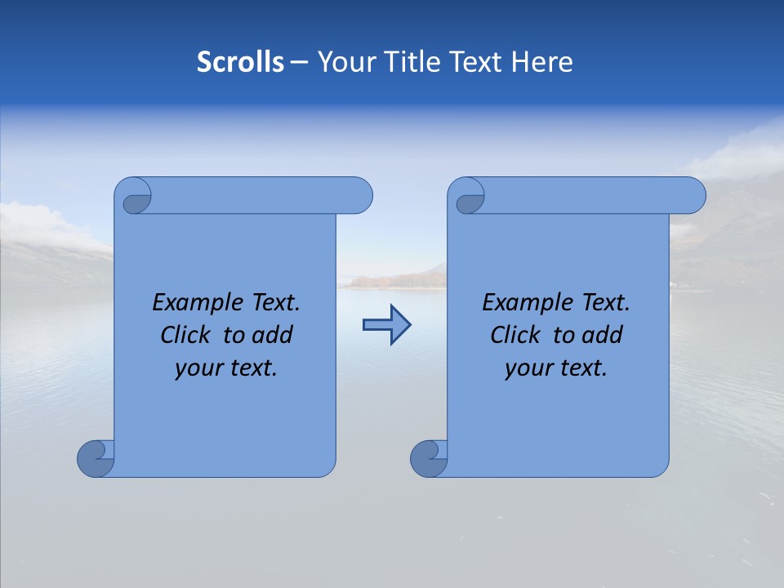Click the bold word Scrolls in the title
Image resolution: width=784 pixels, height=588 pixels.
click(241, 62)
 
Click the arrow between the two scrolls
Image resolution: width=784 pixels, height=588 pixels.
click(386, 325)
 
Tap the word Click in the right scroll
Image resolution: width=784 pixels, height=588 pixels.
click(515, 335)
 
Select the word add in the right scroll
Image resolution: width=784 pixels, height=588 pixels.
click(603, 335)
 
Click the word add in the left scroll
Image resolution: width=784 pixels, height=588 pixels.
click(273, 335)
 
